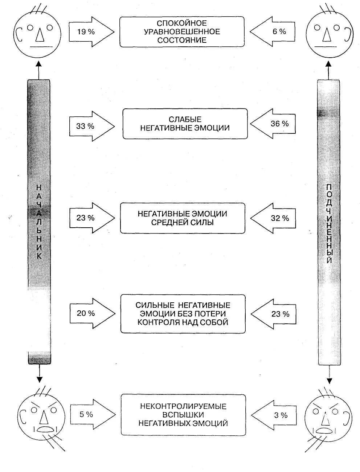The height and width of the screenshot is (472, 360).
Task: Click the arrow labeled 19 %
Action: (91, 32)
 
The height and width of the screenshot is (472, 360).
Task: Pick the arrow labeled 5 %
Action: (91, 414)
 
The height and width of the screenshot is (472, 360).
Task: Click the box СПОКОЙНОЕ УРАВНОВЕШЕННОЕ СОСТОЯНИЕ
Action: (182, 32)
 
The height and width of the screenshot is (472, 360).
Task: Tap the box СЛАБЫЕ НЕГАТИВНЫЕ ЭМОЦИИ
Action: (185, 124)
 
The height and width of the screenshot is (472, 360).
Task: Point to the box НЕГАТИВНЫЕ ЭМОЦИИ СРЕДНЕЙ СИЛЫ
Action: (183, 218)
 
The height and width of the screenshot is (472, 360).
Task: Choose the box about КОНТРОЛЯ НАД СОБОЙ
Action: (183, 314)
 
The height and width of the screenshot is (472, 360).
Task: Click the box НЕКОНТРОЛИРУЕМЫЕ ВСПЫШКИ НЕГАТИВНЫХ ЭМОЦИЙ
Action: (183, 415)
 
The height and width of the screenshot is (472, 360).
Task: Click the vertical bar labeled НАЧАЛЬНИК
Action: (39, 221)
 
